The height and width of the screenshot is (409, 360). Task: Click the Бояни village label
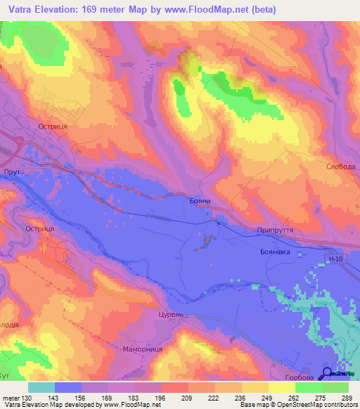pyautogui.click(x=200, y=201)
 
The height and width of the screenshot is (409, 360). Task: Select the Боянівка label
pyautogui.click(x=275, y=251)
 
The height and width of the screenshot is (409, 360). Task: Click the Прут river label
pyautogui.click(x=10, y=171)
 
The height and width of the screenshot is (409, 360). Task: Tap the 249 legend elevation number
pyautogui.click(x=267, y=398)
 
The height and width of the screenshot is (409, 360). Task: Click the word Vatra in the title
pyautogui.click(x=23, y=10)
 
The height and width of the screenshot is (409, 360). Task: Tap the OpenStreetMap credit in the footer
pyautogui.click(x=289, y=405)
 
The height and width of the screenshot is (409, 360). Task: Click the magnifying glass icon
pyautogui.click(x=327, y=375)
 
